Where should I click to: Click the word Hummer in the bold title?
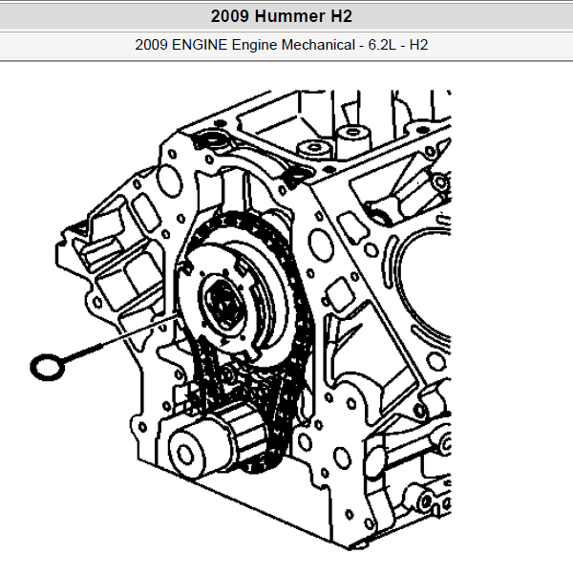click(x=289, y=16)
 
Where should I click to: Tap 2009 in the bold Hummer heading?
click(x=230, y=16)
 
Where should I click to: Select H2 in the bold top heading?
click(x=341, y=16)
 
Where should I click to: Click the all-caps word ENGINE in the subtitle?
click(x=200, y=45)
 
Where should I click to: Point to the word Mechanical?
click(x=318, y=45)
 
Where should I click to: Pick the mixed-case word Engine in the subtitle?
click(x=254, y=46)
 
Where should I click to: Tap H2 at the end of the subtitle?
click(x=418, y=45)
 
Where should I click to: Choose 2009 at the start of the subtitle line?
click(x=152, y=45)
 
